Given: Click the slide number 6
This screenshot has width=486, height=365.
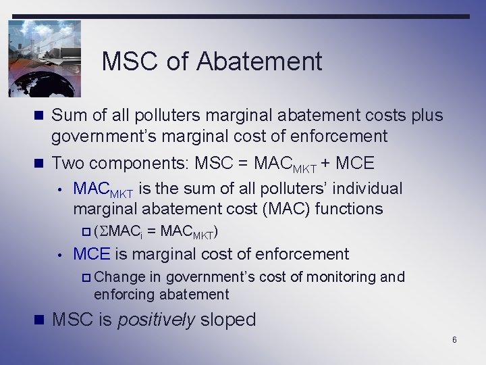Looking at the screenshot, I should [x=454, y=339].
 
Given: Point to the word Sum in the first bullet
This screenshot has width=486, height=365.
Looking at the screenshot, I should [x=69, y=116].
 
